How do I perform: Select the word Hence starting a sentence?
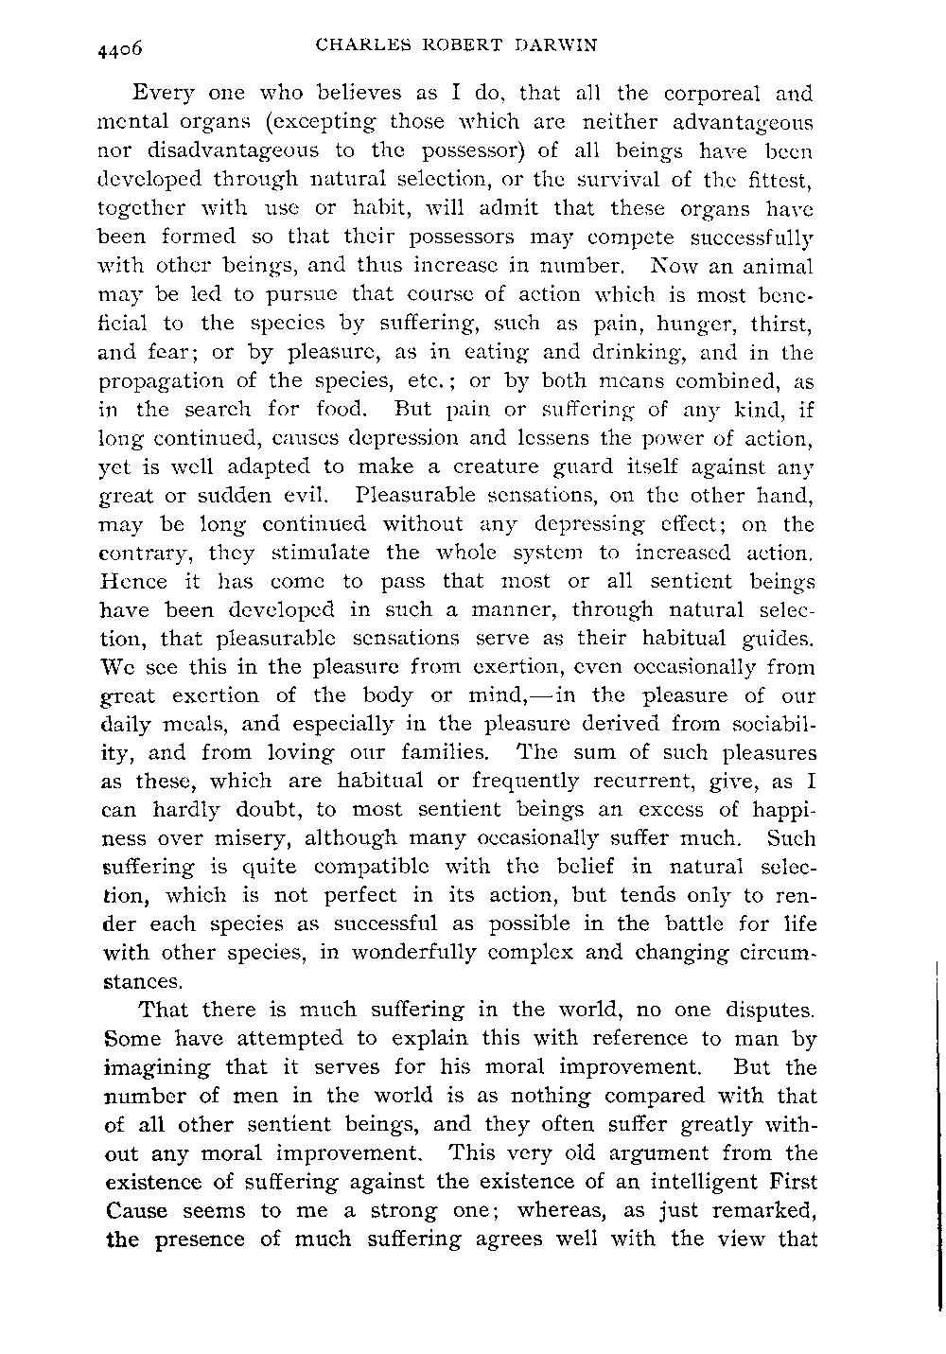(x=131, y=580)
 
